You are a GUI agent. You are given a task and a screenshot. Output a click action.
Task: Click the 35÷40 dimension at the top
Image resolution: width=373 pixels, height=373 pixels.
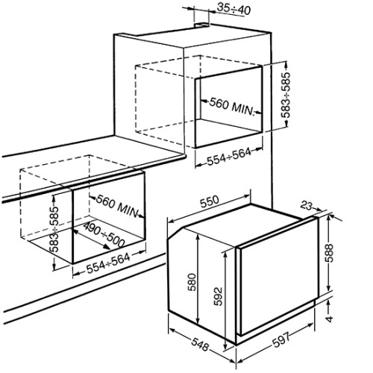pos(233,9)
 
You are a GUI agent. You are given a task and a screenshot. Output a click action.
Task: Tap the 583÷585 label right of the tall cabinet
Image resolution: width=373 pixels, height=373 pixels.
pos(286,95)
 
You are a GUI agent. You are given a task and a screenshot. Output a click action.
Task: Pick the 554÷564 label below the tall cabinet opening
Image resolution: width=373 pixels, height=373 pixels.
pos(229,156)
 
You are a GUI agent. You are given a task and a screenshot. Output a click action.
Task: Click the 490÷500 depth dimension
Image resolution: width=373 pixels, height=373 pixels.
pos(104,235)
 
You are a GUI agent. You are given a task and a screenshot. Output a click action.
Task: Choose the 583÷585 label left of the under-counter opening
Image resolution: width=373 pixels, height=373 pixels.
pos(55,229)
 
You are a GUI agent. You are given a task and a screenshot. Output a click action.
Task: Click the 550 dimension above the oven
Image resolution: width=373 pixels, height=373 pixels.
pos(210,201)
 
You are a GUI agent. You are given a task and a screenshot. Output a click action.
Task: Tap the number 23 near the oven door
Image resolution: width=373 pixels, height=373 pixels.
pos(306,205)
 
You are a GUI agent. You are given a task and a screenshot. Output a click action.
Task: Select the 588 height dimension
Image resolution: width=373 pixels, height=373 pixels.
pos(329,253)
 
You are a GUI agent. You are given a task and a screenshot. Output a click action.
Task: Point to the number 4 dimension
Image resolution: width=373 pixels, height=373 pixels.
pos(330,319)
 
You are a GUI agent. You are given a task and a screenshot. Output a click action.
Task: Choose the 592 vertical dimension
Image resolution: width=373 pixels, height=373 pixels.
pos(218,296)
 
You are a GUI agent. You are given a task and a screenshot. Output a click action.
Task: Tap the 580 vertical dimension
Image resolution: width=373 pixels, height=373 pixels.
pos(192,283)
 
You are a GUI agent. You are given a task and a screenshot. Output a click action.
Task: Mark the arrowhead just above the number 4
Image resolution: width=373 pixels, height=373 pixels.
pos(329,303)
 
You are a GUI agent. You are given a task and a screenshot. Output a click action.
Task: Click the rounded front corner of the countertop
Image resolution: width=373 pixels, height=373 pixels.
pos(184,157)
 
